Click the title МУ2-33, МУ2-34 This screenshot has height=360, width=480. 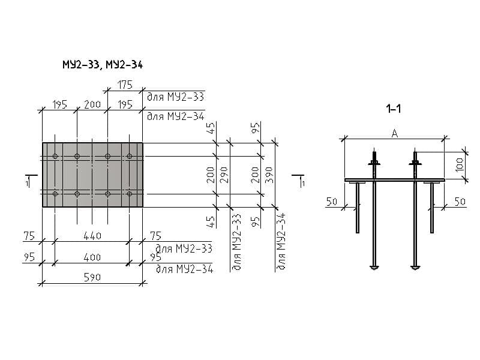(x=102, y=64)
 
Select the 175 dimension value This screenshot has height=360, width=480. (x=124, y=86)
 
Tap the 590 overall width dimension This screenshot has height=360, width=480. (x=92, y=277)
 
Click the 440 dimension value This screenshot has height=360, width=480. (x=92, y=236)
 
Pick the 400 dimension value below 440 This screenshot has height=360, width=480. (x=92, y=257)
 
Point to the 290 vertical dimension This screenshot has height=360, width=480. (x=223, y=175)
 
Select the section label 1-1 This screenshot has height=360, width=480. (x=394, y=109)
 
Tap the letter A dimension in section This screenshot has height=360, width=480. (x=394, y=134)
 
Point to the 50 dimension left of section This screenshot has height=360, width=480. (x=332, y=202)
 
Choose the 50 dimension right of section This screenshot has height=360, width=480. (x=460, y=202)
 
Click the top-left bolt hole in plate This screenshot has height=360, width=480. (x=55, y=157)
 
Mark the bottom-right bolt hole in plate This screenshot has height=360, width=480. (x=130, y=194)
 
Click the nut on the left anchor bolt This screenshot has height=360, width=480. (x=374, y=163)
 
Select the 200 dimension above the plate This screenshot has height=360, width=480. (x=92, y=104)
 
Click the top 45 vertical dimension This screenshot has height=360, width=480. (x=211, y=128)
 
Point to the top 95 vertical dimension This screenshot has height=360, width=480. (x=256, y=128)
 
